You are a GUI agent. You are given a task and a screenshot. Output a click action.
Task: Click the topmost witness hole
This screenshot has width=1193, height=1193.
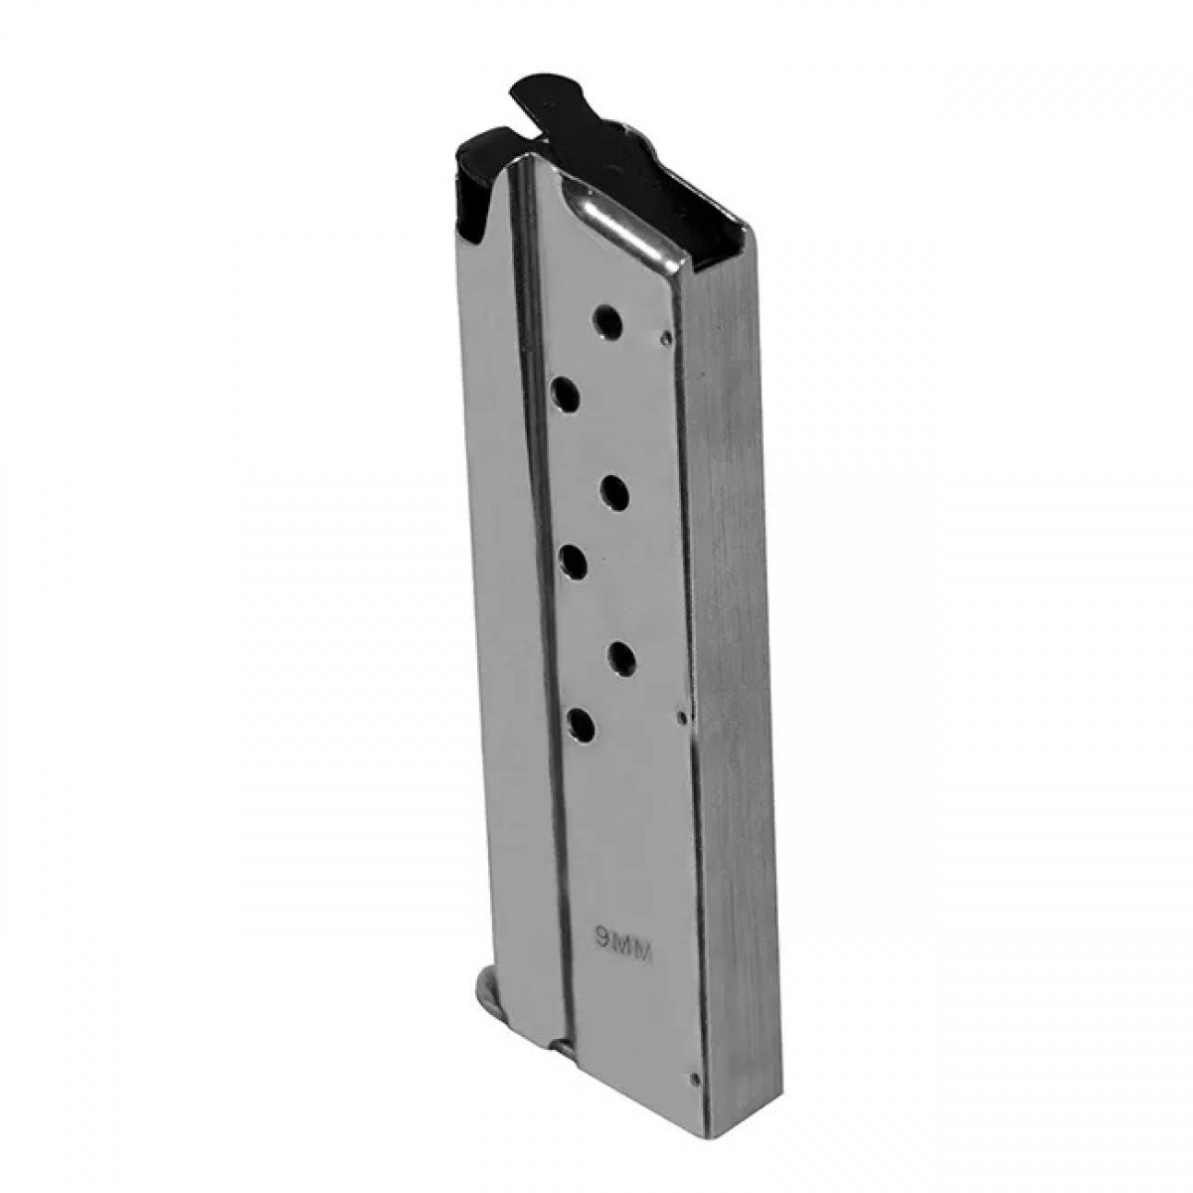tap(607, 323)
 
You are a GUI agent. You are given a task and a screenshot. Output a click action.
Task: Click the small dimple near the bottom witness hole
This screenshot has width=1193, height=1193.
tap(680, 715)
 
